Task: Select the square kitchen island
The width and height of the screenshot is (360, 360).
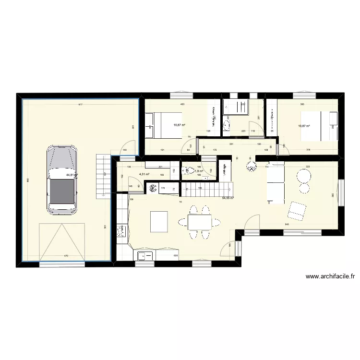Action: point(160,221)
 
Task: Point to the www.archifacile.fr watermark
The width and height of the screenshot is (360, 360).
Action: point(330,276)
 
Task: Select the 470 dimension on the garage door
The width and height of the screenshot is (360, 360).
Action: point(66,256)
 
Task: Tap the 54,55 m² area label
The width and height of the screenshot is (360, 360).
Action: point(228,198)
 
